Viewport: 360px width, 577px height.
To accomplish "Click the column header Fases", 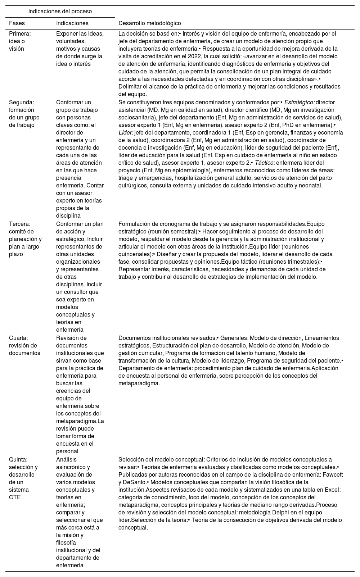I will (x=17, y=23).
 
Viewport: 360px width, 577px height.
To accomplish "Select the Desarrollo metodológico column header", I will (x=149, y=23).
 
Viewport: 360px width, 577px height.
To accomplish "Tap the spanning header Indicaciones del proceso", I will (x=60, y=12).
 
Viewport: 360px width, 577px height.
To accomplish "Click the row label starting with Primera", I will (x=20, y=34).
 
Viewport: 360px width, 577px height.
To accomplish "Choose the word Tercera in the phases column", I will (x=19, y=224).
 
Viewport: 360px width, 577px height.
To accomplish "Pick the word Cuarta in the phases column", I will (x=19, y=338).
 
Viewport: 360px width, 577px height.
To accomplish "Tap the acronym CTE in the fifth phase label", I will (x=15, y=497).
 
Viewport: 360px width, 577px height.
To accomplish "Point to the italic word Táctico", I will (x=265, y=163).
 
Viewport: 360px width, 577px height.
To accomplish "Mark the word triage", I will (x=126, y=178).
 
